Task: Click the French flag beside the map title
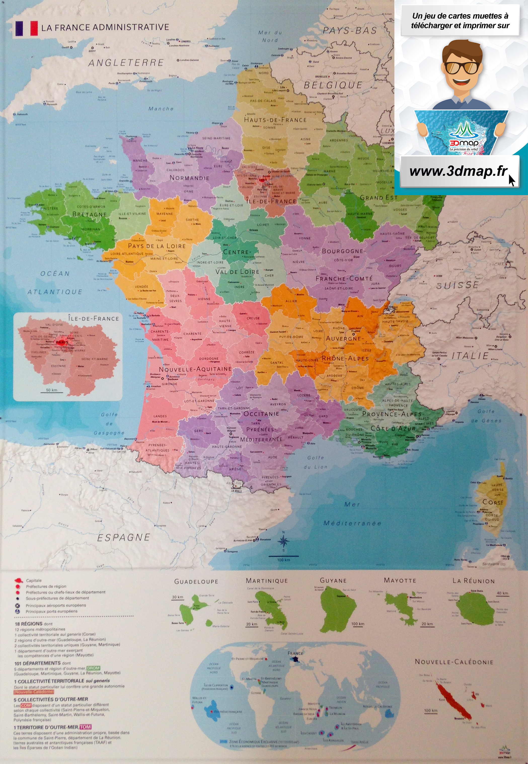pyautogui.click(x=26, y=28)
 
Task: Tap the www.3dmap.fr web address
pyautogui.click(x=458, y=171)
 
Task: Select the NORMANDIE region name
pyautogui.click(x=189, y=178)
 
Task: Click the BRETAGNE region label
pyautogui.click(x=89, y=214)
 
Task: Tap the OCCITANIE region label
pyautogui.click(x=261, y=414)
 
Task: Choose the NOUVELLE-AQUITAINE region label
pyautogui.click(x=195, y=369)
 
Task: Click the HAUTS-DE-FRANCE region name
pyautogui.click(x=275, y=120)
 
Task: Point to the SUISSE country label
pyautogui.click(x=457, y=285)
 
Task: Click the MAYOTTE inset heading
pyautogui.click(x=400, y=580)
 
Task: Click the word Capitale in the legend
pyautogui.click(x=34, y=580)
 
